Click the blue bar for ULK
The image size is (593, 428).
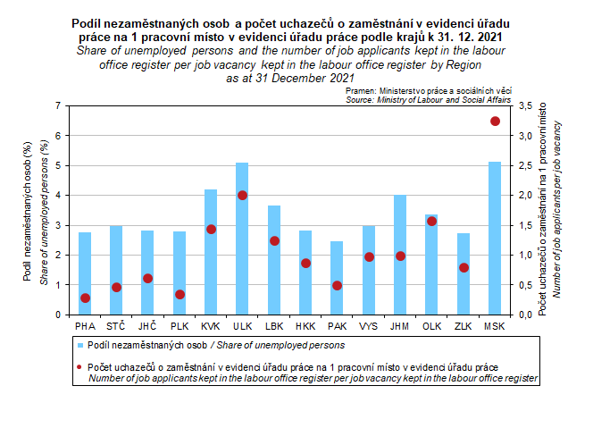[x=242, y=239]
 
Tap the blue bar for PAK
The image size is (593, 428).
[x=337, y=278]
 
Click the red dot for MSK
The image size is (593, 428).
[x=495, y=121]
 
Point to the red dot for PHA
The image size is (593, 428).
[x=85, y=298]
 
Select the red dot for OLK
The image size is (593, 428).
[x=431, y=221]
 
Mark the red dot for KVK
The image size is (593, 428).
[x=211, y=229]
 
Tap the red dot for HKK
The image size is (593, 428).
[x=305, y=263]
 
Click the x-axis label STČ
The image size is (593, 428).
[x=116, y=326]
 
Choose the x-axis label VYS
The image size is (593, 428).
[x=368, y=326]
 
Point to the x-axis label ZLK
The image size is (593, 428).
[x=463, y=326]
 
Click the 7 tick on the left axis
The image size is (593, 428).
[x=58, y=105]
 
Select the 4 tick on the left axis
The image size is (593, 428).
[x=58, y=195]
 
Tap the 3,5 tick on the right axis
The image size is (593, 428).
[x=526, y=105]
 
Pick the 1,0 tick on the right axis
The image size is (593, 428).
[x=526, y=255]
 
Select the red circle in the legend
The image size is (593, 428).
[x=79, y=367]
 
